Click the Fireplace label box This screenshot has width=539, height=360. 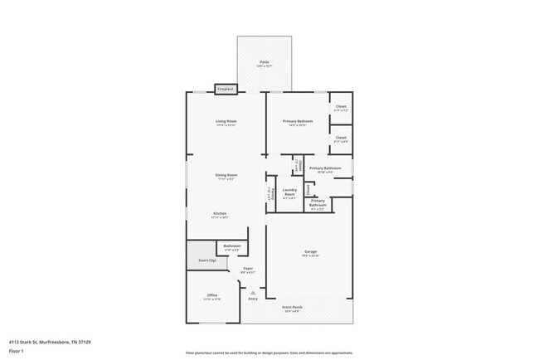coord(226,89)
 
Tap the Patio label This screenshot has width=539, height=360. coord(264,63)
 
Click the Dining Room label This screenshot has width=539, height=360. coord(226,176)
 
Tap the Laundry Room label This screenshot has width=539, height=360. coord(289,192)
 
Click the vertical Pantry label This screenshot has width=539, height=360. coord(270,193)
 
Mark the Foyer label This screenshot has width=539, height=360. coord(247,270)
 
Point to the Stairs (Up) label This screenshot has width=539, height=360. coord(207,260)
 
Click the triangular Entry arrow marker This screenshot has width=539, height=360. coord(253,292)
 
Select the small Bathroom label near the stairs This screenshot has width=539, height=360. coord(232,246)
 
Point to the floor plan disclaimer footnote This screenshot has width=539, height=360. coord(269,353)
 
